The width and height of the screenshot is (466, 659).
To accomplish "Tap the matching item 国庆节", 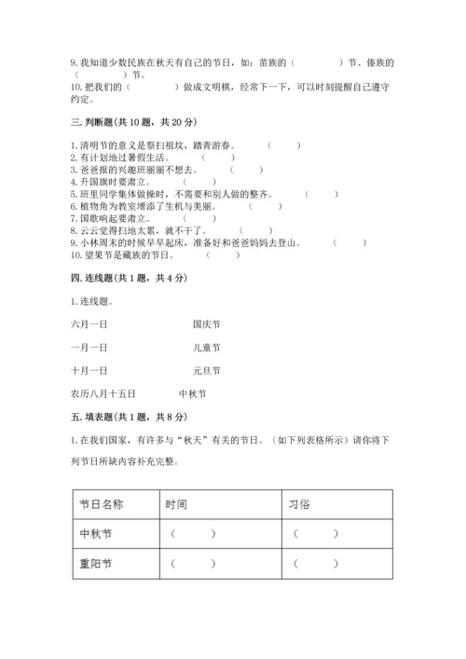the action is coord(206,324).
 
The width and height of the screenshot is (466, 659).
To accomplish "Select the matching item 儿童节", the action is coord(206,348).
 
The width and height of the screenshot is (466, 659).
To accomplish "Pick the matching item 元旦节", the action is coord(206,371).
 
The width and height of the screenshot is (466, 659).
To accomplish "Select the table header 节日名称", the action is coord(103,503).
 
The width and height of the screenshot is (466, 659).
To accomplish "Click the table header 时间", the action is coord(176,503).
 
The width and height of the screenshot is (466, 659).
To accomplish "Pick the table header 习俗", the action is coord(303,503).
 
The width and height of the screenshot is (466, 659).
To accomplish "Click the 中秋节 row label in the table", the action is coord(97,533).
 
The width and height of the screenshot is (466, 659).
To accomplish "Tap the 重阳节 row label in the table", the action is coord(97,564).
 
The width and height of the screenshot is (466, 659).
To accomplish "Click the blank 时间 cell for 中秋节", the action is coord(193,533).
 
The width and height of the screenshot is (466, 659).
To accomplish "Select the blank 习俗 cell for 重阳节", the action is coord(316,564).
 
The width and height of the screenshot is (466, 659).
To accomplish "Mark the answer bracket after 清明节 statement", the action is coord(283,145).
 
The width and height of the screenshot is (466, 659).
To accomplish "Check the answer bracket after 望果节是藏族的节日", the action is coord(222,254).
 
